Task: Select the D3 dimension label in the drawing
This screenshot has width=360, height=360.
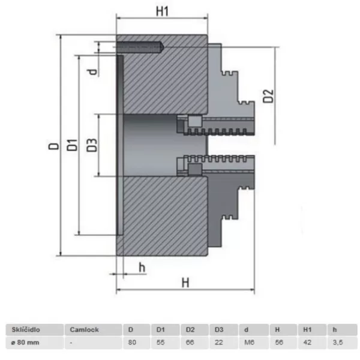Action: pyautogui.click(x=92, y=145)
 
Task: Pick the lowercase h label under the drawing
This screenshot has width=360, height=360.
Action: pyautogui.click(x=142, y=266)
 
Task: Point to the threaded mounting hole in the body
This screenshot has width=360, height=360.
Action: pyautogui.click(x=141, y=46)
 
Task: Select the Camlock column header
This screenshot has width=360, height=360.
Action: pyautogui.click(x=84, y=329)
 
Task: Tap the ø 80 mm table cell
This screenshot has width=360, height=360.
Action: pyautogui.click(x=24, y=342)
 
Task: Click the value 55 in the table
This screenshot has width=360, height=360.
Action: pyautogui.click(x=160, y=342)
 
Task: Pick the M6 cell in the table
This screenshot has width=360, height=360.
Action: pyautogui.click(x=248, y=342)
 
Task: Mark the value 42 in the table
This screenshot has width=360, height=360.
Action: pyautogui.click(x=307, y=342)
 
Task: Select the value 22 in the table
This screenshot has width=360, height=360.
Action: pyautogui.click(x=219, y=342)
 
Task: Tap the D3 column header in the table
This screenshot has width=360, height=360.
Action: pyautogui.click(x=220, y=329)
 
